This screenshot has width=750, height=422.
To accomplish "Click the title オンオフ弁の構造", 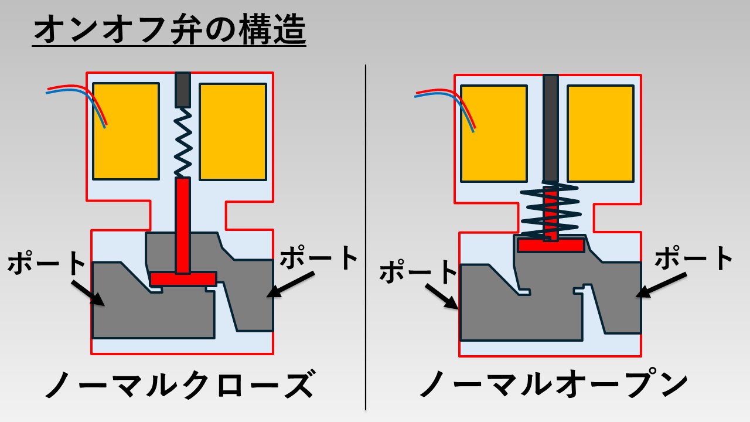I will pos(169,30).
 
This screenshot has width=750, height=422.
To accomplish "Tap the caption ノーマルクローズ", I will pos(179,385).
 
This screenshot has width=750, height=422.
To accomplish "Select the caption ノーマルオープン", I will pos(554,385).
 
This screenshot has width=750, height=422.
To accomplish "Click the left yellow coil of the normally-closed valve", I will pos(126,131).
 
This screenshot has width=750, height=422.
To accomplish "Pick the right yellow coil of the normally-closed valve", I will pos(233,131).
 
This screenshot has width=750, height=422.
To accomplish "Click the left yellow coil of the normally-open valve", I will pos(493,133).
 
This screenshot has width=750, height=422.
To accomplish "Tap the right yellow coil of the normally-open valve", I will pos(601,133).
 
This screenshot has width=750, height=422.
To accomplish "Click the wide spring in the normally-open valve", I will pos(551,211).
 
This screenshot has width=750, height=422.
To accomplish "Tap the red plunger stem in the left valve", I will pos(183,226).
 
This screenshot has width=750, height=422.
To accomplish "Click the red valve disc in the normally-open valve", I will pos(551,245).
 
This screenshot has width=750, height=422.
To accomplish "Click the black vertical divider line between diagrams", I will pos(366,234).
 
